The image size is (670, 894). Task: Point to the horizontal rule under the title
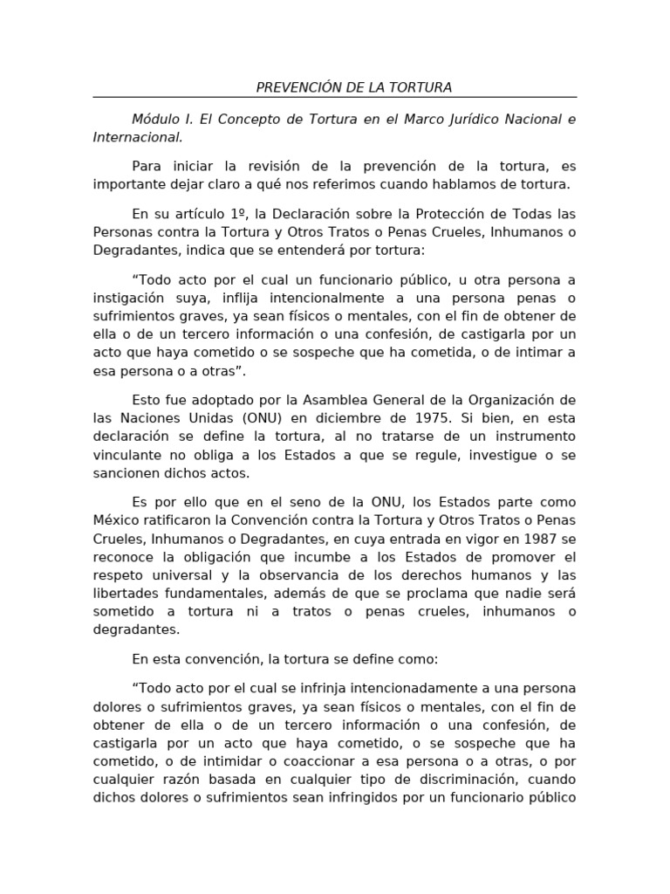pyautogui.click(x=335, y=97)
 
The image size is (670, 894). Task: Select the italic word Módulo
pyautogui.click(x=154, y=119)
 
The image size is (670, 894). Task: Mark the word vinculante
pyautogui.click(x=129, y=455)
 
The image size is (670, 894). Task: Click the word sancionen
pyautogui.click(x=127, y=473)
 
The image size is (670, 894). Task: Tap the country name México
pyautogui.click(x=117, y=520)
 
